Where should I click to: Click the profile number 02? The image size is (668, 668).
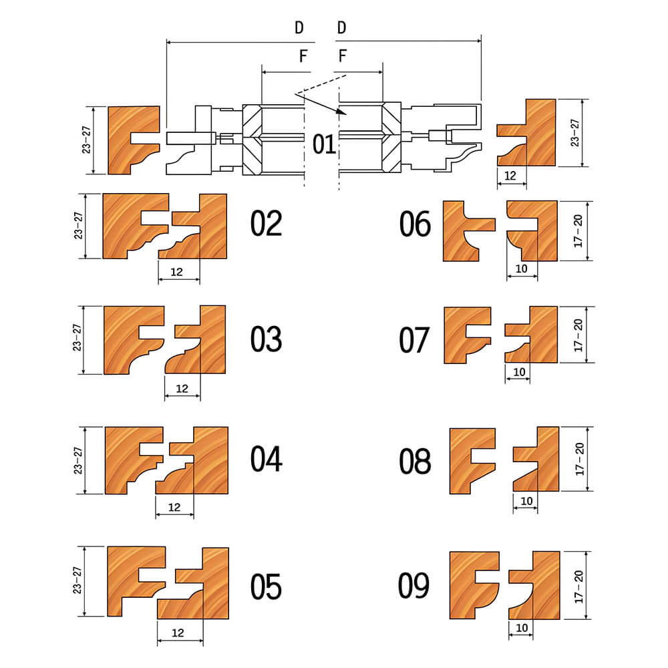pos(266,223)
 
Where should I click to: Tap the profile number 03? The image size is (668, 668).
pos(266,339)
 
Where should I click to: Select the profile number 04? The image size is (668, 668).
pos(266,459)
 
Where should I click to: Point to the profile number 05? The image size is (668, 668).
pos(266,587)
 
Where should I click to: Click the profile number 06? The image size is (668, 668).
pos(415,224)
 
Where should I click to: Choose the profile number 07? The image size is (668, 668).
pos(414,340)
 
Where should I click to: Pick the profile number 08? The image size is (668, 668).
pos(415,462)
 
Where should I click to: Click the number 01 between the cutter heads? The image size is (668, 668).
pos(324,144)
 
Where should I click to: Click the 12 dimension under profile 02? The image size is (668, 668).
pos(176,272)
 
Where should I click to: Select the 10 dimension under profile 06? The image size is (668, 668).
pos(522,269)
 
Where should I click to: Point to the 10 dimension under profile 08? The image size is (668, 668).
pos(526,501)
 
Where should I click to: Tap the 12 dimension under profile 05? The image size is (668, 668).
pos(178,633)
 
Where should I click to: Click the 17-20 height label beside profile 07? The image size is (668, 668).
pos(578,335)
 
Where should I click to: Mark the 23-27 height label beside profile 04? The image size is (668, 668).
pos(77,460)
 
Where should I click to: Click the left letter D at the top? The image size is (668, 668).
pos(299,28)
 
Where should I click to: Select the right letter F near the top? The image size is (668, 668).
pos(343,56)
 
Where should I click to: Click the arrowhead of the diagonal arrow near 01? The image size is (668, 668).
pos(341,112)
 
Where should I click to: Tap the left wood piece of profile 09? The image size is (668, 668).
pos(474,585)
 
